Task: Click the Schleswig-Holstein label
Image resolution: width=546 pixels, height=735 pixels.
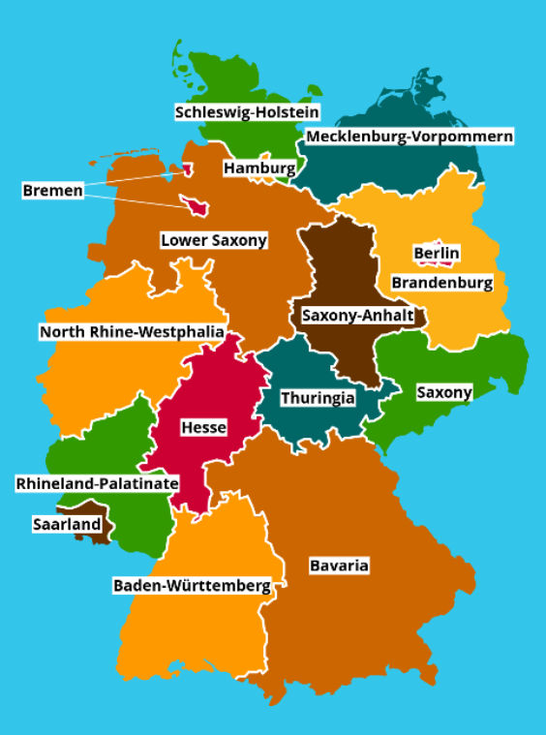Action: [247, 112]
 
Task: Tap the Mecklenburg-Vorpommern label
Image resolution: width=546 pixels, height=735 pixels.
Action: [409, 137]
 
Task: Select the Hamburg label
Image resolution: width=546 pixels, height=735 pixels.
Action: [259, 168]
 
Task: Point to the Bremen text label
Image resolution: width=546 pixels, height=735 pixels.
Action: [52, 191]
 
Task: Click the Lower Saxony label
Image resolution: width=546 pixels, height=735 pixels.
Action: [214, 240]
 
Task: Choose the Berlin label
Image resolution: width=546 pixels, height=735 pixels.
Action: [437, 254]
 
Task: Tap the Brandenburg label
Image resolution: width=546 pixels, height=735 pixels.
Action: [441, 283]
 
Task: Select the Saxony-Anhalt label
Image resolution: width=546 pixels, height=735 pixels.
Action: [358, 316]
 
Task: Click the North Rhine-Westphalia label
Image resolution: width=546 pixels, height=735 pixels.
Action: [132, 332]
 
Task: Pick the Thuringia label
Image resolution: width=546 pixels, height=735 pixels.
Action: [318, 398]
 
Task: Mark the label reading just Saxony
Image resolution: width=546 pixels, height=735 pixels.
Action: [443, 392]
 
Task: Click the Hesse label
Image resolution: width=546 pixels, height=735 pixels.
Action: [203, 427]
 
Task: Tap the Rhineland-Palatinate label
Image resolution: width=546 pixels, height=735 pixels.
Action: [97, 482]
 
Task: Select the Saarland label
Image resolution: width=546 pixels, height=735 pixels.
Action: [65, 524]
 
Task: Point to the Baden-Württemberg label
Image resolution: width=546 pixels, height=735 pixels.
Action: [191, 585]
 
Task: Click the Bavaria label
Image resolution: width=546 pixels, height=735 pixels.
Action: [339, 566]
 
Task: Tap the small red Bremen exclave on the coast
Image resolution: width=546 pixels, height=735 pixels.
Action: [187, 169]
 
